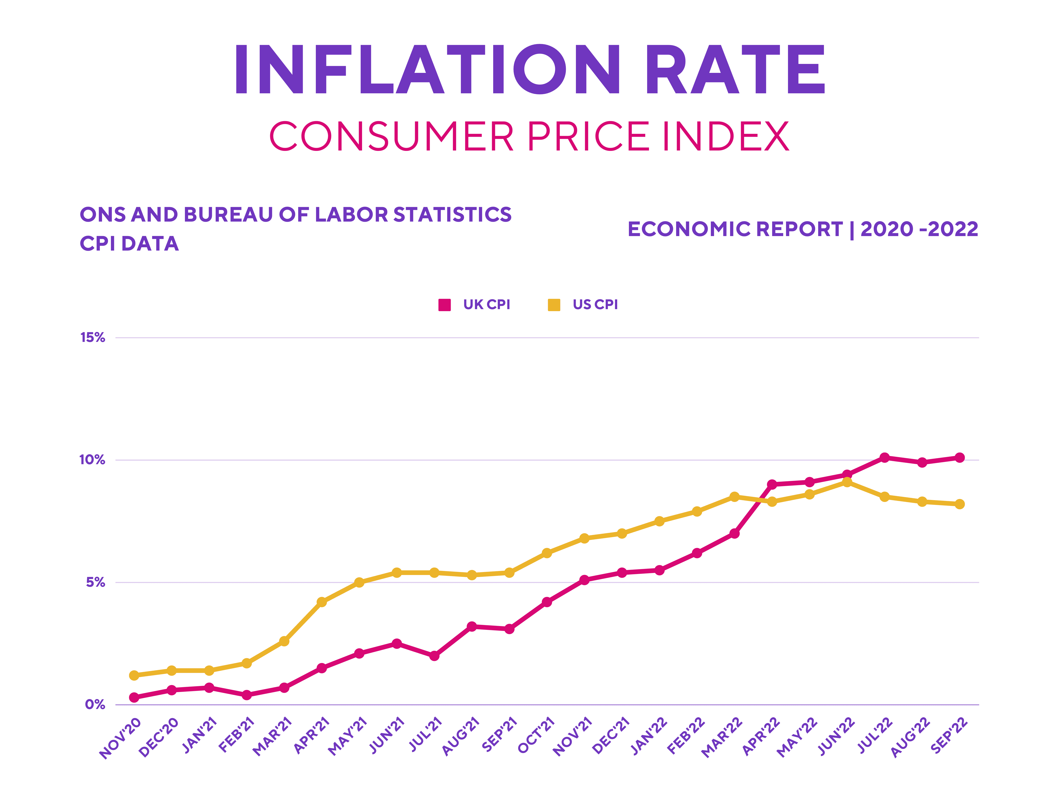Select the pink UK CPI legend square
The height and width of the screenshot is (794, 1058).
(444, 305)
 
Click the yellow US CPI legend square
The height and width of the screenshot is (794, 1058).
(554, 305)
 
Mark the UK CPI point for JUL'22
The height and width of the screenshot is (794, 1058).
(884, 457)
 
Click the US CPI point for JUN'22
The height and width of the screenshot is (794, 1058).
(847, 482)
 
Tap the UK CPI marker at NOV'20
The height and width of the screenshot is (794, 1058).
(134, 697)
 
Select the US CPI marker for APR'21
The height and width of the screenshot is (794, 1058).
(322, 602)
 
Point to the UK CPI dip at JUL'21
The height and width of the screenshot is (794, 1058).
(434, 656)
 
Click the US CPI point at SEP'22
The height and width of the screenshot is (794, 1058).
(959, 504)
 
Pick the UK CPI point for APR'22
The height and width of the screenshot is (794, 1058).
(772, 484)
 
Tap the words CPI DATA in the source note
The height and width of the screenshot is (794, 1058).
(129, 244)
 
